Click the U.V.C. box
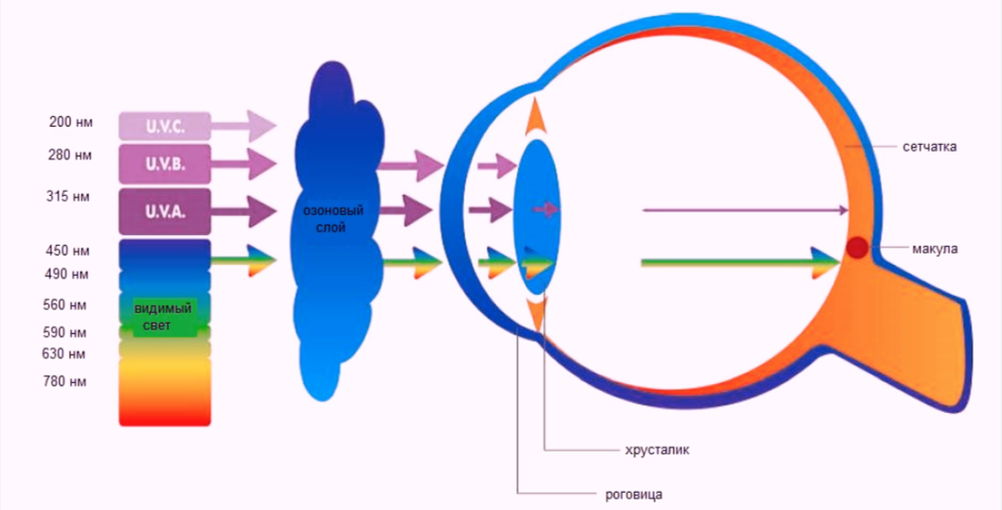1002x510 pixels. click(165, 126)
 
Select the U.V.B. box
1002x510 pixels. click(165, 164)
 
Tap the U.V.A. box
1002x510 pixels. click(165, 211)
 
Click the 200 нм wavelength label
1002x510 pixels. click(71, 122)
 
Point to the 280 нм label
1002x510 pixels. click(70, 156)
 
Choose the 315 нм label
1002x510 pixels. click(68, 196)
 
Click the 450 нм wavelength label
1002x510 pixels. click(68, 252)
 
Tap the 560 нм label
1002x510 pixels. click(64, 304)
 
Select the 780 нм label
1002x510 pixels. click(64, 381)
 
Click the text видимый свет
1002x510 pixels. click(163, 317)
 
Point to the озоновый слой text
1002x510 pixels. click(331, 219)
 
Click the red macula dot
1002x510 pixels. click(857, 248)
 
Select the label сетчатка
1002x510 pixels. click(930, 147)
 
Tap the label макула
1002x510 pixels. click(935, 249)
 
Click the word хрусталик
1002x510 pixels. click(657, 449)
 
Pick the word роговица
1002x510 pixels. click(633, 495)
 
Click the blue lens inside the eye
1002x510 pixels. click(537, 216)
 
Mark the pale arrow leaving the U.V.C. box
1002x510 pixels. click(244, 126)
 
